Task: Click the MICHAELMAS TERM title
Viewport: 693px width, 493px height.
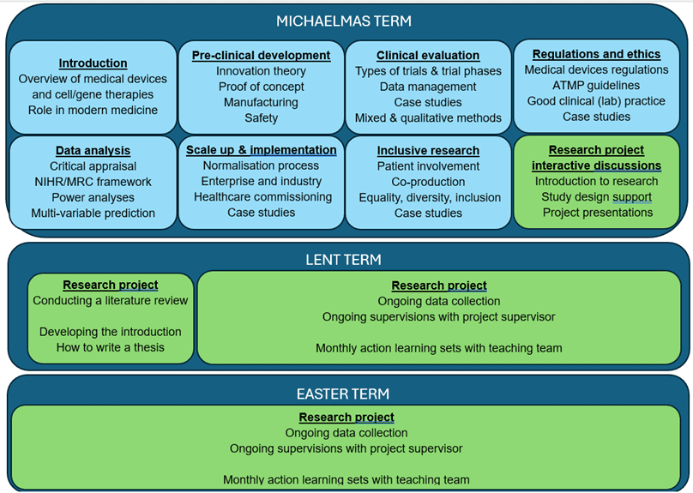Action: [344, 21]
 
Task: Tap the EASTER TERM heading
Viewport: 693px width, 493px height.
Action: [343, 394]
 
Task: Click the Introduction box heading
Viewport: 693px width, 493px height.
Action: [93, 63]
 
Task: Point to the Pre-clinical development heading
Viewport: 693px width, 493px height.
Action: [261, 55]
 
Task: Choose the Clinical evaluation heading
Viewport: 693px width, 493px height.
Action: [428, 56]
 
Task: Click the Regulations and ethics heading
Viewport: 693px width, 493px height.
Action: [597, 54]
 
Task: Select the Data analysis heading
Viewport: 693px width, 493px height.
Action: [93, 151]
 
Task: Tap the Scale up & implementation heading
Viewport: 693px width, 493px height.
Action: [261, 150]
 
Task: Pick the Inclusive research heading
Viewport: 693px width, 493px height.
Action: [428, 151]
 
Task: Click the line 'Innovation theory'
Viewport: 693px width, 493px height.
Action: [261, 71]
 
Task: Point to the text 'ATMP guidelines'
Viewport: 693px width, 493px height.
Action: [597, 85]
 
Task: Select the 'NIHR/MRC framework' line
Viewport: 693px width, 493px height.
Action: [93, 182]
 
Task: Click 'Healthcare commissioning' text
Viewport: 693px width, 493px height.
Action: [261, 196]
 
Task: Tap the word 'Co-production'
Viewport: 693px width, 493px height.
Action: [428, 182]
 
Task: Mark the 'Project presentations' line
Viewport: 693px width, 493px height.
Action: [597, 212]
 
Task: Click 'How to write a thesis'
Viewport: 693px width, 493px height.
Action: [110, 346]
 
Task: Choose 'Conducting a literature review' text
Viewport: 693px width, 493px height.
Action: [110, 300]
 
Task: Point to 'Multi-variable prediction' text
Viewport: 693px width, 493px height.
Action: [93, 213]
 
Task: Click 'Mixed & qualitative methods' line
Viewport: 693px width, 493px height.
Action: [428, 117]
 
